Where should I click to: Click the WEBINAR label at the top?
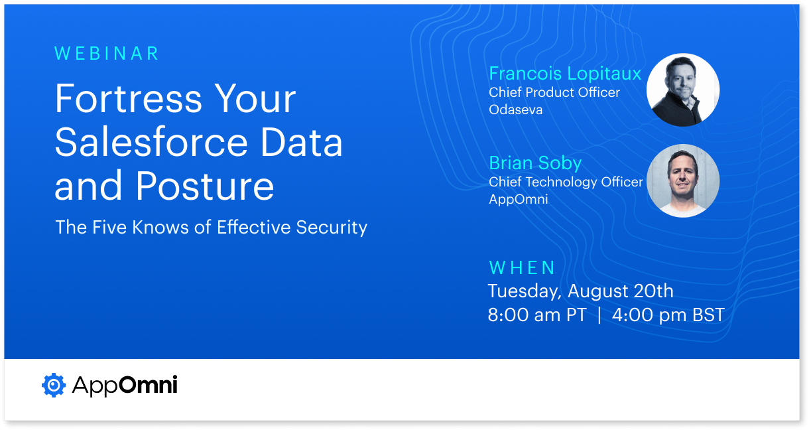point(107,54)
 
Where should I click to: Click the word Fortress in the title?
point(128,98)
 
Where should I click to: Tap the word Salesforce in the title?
point(151,142)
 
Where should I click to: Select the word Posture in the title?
point(205,186)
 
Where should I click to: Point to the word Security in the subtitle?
point(332,228)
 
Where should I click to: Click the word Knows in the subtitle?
point(160,228)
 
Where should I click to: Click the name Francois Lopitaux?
point(565,74)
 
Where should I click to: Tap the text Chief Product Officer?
point(554,92)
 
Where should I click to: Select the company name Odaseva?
point(515,109)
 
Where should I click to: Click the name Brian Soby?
point(535,163)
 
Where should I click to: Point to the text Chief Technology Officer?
point(566,182)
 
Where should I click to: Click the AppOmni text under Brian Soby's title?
point(519,200)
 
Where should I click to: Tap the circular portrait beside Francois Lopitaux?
point(682,90)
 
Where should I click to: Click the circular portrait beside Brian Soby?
point(682,180)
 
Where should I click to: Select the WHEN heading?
point(521,268)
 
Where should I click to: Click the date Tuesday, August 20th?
point(580,291)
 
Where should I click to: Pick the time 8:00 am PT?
point(537,315)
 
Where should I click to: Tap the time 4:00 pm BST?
point(668,315)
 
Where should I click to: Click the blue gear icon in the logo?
point(54,385)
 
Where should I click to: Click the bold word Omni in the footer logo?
point(148,384)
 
